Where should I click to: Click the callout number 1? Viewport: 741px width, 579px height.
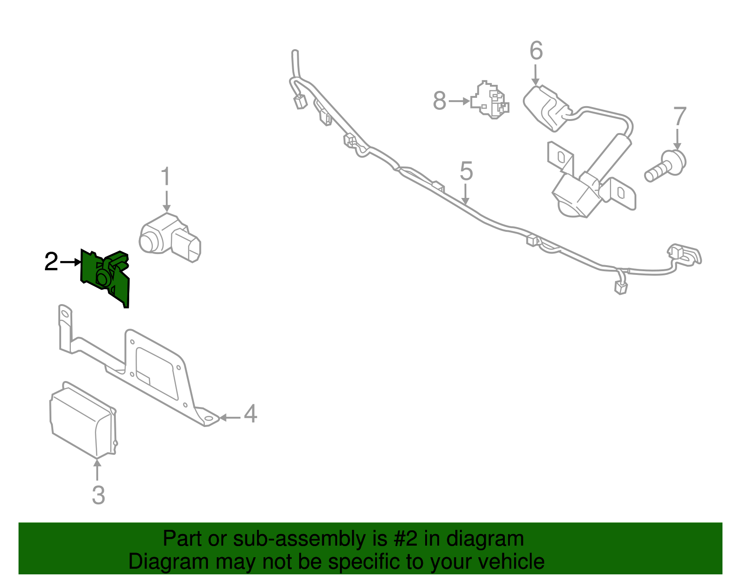point(165,178)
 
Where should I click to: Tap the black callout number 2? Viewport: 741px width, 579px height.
point(51,262)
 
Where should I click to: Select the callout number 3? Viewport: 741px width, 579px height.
point(98,495)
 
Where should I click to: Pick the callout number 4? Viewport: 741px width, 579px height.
point(250,414)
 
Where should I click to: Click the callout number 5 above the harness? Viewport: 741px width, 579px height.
point(466,171)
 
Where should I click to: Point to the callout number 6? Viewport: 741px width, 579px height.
point(536,51)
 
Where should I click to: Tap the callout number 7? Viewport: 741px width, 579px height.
point(679,117)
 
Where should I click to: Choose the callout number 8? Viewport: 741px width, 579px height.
point(440,101)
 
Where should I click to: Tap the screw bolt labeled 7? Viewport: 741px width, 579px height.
point(666,166)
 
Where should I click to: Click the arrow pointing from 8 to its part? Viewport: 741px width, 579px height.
point(460,101)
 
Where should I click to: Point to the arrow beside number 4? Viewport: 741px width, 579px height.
point(229,418)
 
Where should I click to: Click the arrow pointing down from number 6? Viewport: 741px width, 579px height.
point(536,75)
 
